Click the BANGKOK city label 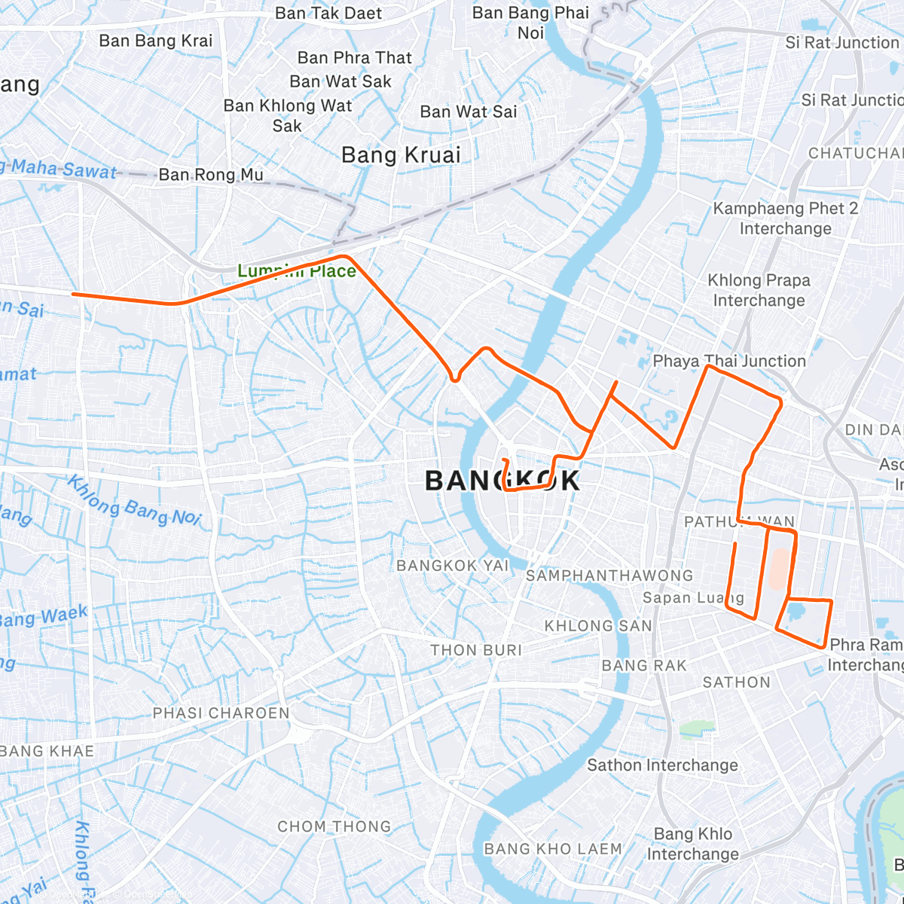(x=502, y=480)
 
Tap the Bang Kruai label (x=401, y=155)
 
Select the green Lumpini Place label (x=297, y=271)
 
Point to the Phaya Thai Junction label (x=729, y=361)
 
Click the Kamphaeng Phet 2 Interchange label (x=786, y=218)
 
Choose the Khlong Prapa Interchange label (x=759, y=290)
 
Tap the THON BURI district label (x=476, y=650)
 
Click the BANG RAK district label (x=644, y=666)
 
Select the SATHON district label (x=737, y=683)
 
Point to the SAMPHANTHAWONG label (x=609, y=576)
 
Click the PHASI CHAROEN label (x=221, y=713)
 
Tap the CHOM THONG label (x=334, y=826)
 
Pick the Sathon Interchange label (x=663, y=765)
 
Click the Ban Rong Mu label (x=211, y=176)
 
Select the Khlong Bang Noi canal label (x=136, y=500)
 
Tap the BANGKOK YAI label (x=453, y=566)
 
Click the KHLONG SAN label (x=598, y=626)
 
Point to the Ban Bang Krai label (x=156, y=41)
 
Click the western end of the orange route (x=73, y=294)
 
